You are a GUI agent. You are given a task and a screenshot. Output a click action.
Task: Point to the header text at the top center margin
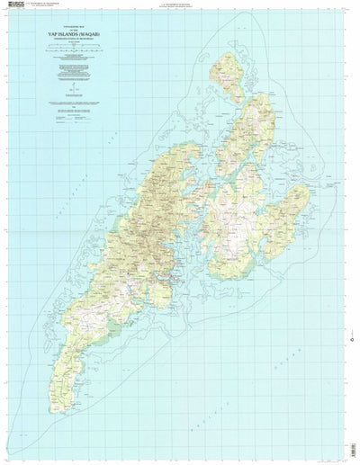(x=180, y=4)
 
